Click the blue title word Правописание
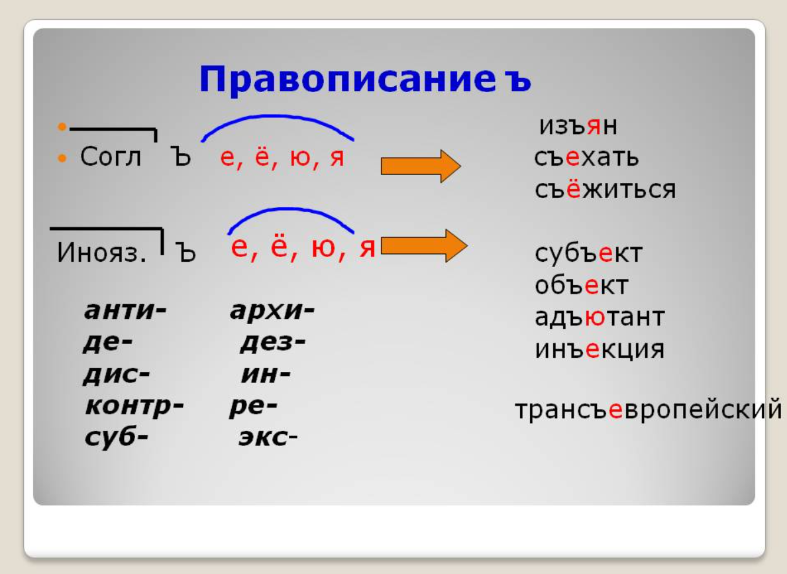coord(347,80)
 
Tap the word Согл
coord(111,156)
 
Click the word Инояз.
coord(101,252)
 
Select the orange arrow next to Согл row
coord(421,166)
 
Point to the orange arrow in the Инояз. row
coord(424,246)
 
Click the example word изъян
coord(578,125)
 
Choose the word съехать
coord(586,157)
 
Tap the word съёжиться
coord(605,190)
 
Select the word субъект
coord(588,253)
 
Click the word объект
coord(581,285)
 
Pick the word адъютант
coord(600,317)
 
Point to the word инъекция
coord(600,349)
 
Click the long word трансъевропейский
coord(649,410)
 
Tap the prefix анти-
coord(125,310)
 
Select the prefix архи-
coord(272,311)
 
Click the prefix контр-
coord(134,406)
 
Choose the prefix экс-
coord(268,437)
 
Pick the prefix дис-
coord(117,374)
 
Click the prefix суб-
coord(117,437)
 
